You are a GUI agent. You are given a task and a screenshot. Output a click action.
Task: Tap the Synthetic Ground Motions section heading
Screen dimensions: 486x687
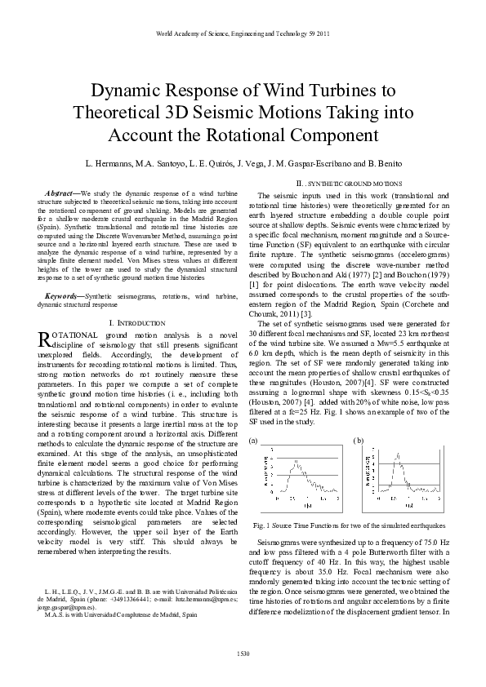pyautogui.click(x=349, y=184)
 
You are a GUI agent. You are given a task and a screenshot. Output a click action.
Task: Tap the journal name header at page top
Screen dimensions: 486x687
pyautogui.click(x=243, y=34)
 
